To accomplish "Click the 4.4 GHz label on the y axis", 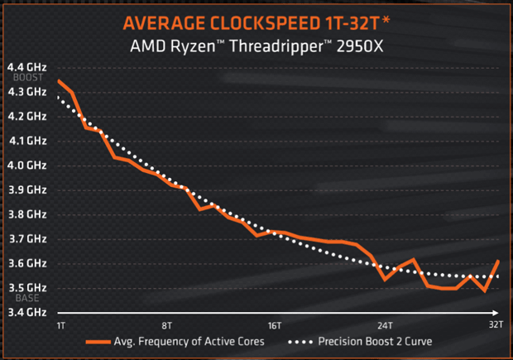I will click(x=27, y=67).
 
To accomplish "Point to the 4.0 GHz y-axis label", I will click(x=27, y=165).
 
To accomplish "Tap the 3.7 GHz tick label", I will click(x=27, y=238).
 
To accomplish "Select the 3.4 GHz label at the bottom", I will click(x=27, y=312).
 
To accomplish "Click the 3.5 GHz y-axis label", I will click(x=27, y=287).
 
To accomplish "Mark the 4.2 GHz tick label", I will click(x=27, y=116).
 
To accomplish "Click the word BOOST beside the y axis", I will click(x=21, y=79).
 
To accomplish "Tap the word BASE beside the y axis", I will click(x=19, y=299).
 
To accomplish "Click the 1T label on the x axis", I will click(x=60, y=325).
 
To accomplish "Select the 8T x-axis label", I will click(x=167, y=325).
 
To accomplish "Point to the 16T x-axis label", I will click(x=276, y=325).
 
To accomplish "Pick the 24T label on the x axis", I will click(x=384, y=325).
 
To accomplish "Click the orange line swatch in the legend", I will click(x=99, y=341).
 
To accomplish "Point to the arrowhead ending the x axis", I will click(x=500, y=313).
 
